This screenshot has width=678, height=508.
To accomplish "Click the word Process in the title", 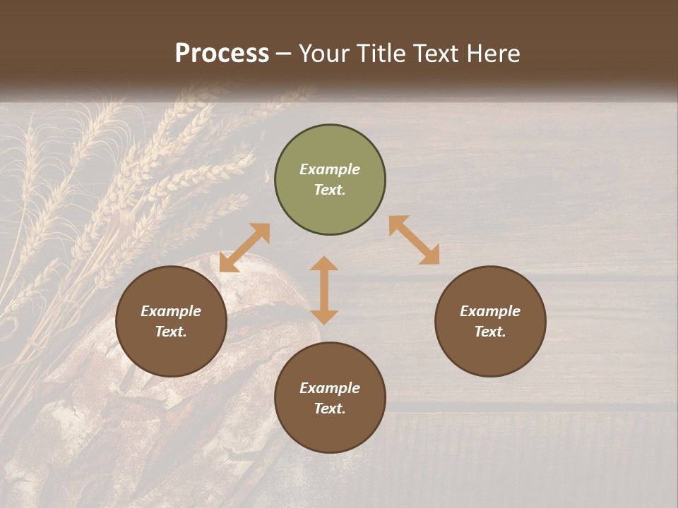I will pos(222,54).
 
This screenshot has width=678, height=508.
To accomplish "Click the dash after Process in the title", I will pos(284,55).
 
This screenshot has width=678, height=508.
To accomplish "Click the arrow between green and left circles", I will pos(244,248).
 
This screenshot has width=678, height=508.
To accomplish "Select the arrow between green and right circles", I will pos(415,240).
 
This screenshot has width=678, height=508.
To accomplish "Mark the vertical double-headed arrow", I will pos(324,290).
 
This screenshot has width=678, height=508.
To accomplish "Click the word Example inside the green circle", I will pos(330,169).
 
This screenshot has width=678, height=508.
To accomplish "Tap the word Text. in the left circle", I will pos(171,332).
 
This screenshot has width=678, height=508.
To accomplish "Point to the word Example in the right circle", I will pos(490,311).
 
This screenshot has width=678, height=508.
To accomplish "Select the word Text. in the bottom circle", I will pos(330,409).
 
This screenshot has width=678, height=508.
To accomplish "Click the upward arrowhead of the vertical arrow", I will pos(324,264).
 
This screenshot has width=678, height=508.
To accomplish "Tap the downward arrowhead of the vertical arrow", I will pos(324,316).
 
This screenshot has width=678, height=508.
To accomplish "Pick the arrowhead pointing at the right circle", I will pos(430,255).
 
